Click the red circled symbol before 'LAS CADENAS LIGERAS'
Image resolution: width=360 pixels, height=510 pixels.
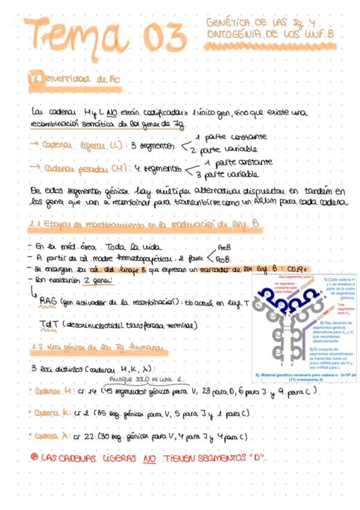(34, 458)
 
